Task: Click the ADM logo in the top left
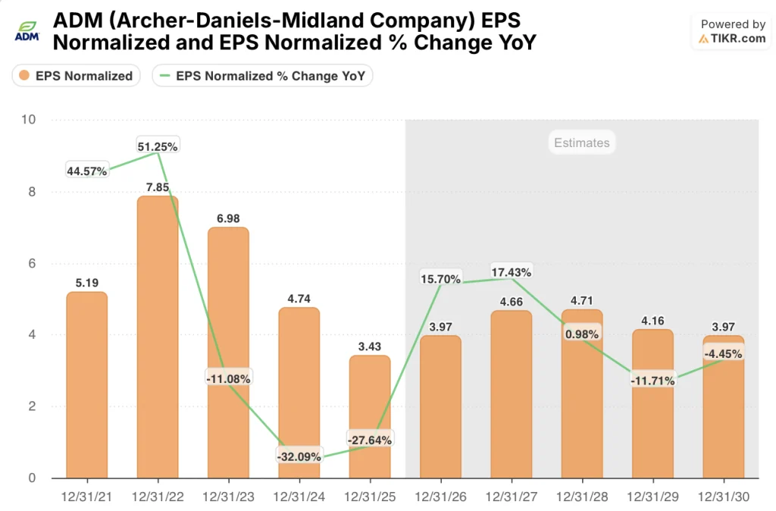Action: pyautogui.click(x=27, y=31)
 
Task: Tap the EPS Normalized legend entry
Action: pyautogui.click(x=76, y=76)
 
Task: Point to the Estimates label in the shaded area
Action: pyautogui.click(x=581, y=143)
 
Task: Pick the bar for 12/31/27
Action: pyautogui.click(x=511, y=394)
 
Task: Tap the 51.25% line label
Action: pyautogui.click(x=158, y=146)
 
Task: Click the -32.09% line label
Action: pyautogui.click(x=299, y=456)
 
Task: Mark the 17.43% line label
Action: pyautogui.click(x=511, y=271)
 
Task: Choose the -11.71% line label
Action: pyautogui.click(x=652, y=380)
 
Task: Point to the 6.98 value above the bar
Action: pyautogui.click(x=228, y=218)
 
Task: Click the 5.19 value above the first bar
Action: pyautogui.click(x=86, y=283)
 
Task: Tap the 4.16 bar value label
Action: pyautogui.click(x=652, y=319)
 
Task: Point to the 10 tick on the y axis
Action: pyautogui.click(x=28, y=120)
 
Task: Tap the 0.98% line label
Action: pyautogui.click(x=581, y=334)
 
